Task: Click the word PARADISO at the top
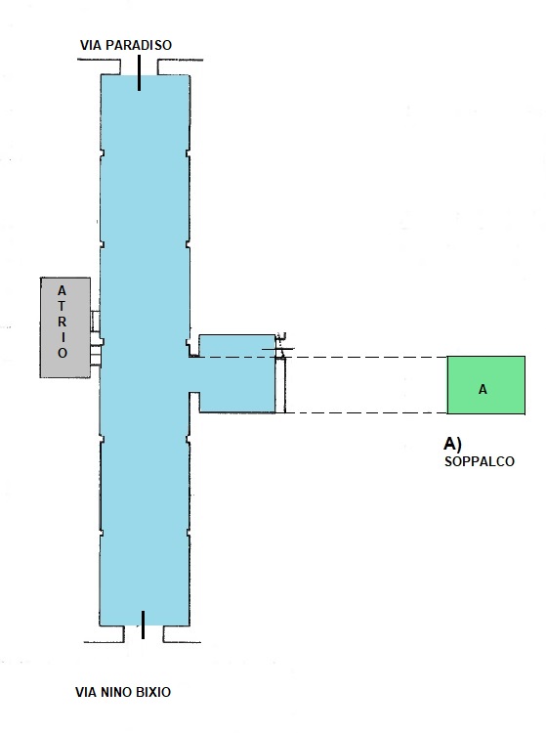pyautogui.click(x=139, y=45)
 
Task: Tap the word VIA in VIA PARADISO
pyautogui.click(x=91, y=45)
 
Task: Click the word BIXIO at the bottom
pyautogui.click(x=153, y=692)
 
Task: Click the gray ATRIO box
pyautogui.click(x=65, y=327)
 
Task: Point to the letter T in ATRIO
pyautogui.click(x=63, y=306)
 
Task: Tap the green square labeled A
pyautogui.click(x=486, y=385)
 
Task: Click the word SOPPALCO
pyautogui.click(x=480, y=461)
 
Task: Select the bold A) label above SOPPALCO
pyautogui.click(x=452, y=443)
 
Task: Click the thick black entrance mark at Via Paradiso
pyautogui.click(x=139, y=72)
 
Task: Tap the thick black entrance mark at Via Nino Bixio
pyautogui.click(x=143, y=625)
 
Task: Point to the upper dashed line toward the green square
pyautogui.click(x=364, y=357)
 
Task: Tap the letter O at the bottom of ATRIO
pyautogui.click(x=63, y=353)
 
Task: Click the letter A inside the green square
pyautogui.click(x=483, y=389)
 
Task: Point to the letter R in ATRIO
pyautogui.click(x=63, y=322)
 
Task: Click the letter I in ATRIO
pyautogui.click(x=63, y=337)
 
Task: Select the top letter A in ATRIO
pyautogui.click(x=63, y=291)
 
